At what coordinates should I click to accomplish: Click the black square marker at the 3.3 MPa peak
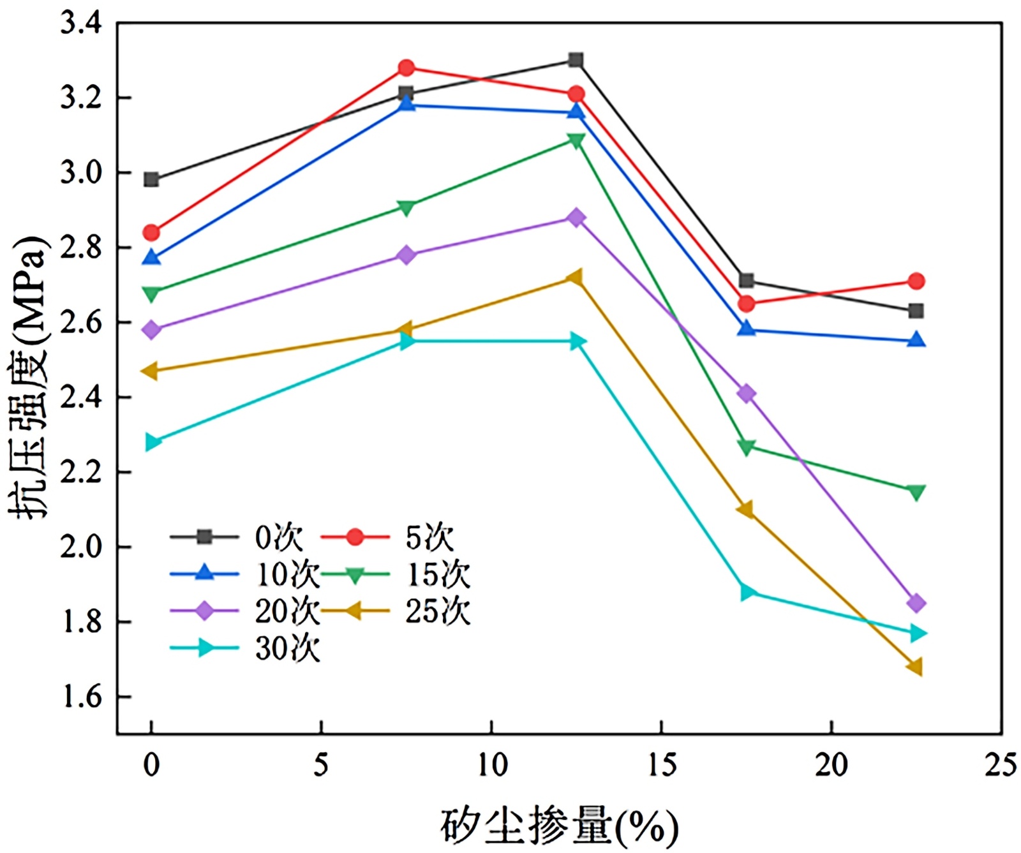click(x=576, y=61)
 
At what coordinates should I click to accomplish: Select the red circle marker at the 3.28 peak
click(x=406, y=68)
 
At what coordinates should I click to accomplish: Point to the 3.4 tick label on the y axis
click(x=81, y=24)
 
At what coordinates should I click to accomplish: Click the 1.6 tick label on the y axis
click(x=81, y=697)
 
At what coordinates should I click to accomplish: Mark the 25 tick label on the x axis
click(x=1000, y=764)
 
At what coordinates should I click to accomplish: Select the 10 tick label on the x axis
click(x=491, y=764)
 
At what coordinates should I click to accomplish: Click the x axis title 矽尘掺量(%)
click(x=558, y=827)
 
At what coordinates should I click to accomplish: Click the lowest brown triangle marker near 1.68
click(x=915, y=667)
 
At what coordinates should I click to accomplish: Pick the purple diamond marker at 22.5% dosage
click(x=916, y=603)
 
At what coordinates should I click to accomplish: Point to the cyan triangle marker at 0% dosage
click(x=153, y=442)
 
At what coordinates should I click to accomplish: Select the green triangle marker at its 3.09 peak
click(x=576, y=141)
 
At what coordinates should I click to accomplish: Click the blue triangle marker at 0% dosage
click(x=151, y=257)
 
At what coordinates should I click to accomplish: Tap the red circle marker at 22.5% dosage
click(x=916, y=281)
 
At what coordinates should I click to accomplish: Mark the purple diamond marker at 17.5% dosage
click(x=746, y=394)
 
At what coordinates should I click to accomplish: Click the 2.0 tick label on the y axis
click(x=81, y=547)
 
